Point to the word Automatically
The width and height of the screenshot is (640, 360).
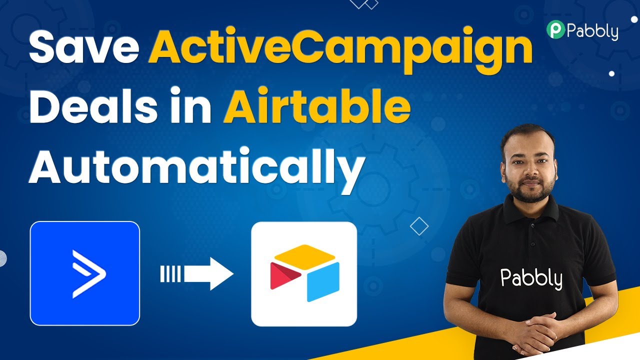(x=196, y=170)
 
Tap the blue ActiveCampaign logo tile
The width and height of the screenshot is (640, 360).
(x=85, y=273)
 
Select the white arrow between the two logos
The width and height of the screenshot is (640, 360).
(x=196, y=273)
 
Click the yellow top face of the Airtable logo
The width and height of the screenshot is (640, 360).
(x=304, y=256)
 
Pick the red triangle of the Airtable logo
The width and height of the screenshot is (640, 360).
(x=284, y=275)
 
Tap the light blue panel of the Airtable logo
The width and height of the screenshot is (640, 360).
(x=323, y=282)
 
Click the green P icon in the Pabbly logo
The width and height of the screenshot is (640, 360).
(x=555, y=29)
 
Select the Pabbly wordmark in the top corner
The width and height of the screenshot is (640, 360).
(x=592, y=31)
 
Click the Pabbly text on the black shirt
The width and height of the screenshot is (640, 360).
(x=531, y=278)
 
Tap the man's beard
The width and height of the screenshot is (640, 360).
(x=530, y=188)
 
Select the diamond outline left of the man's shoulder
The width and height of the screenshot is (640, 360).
(x=419, y=226)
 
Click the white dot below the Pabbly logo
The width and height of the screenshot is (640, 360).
(x=611, y=73)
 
